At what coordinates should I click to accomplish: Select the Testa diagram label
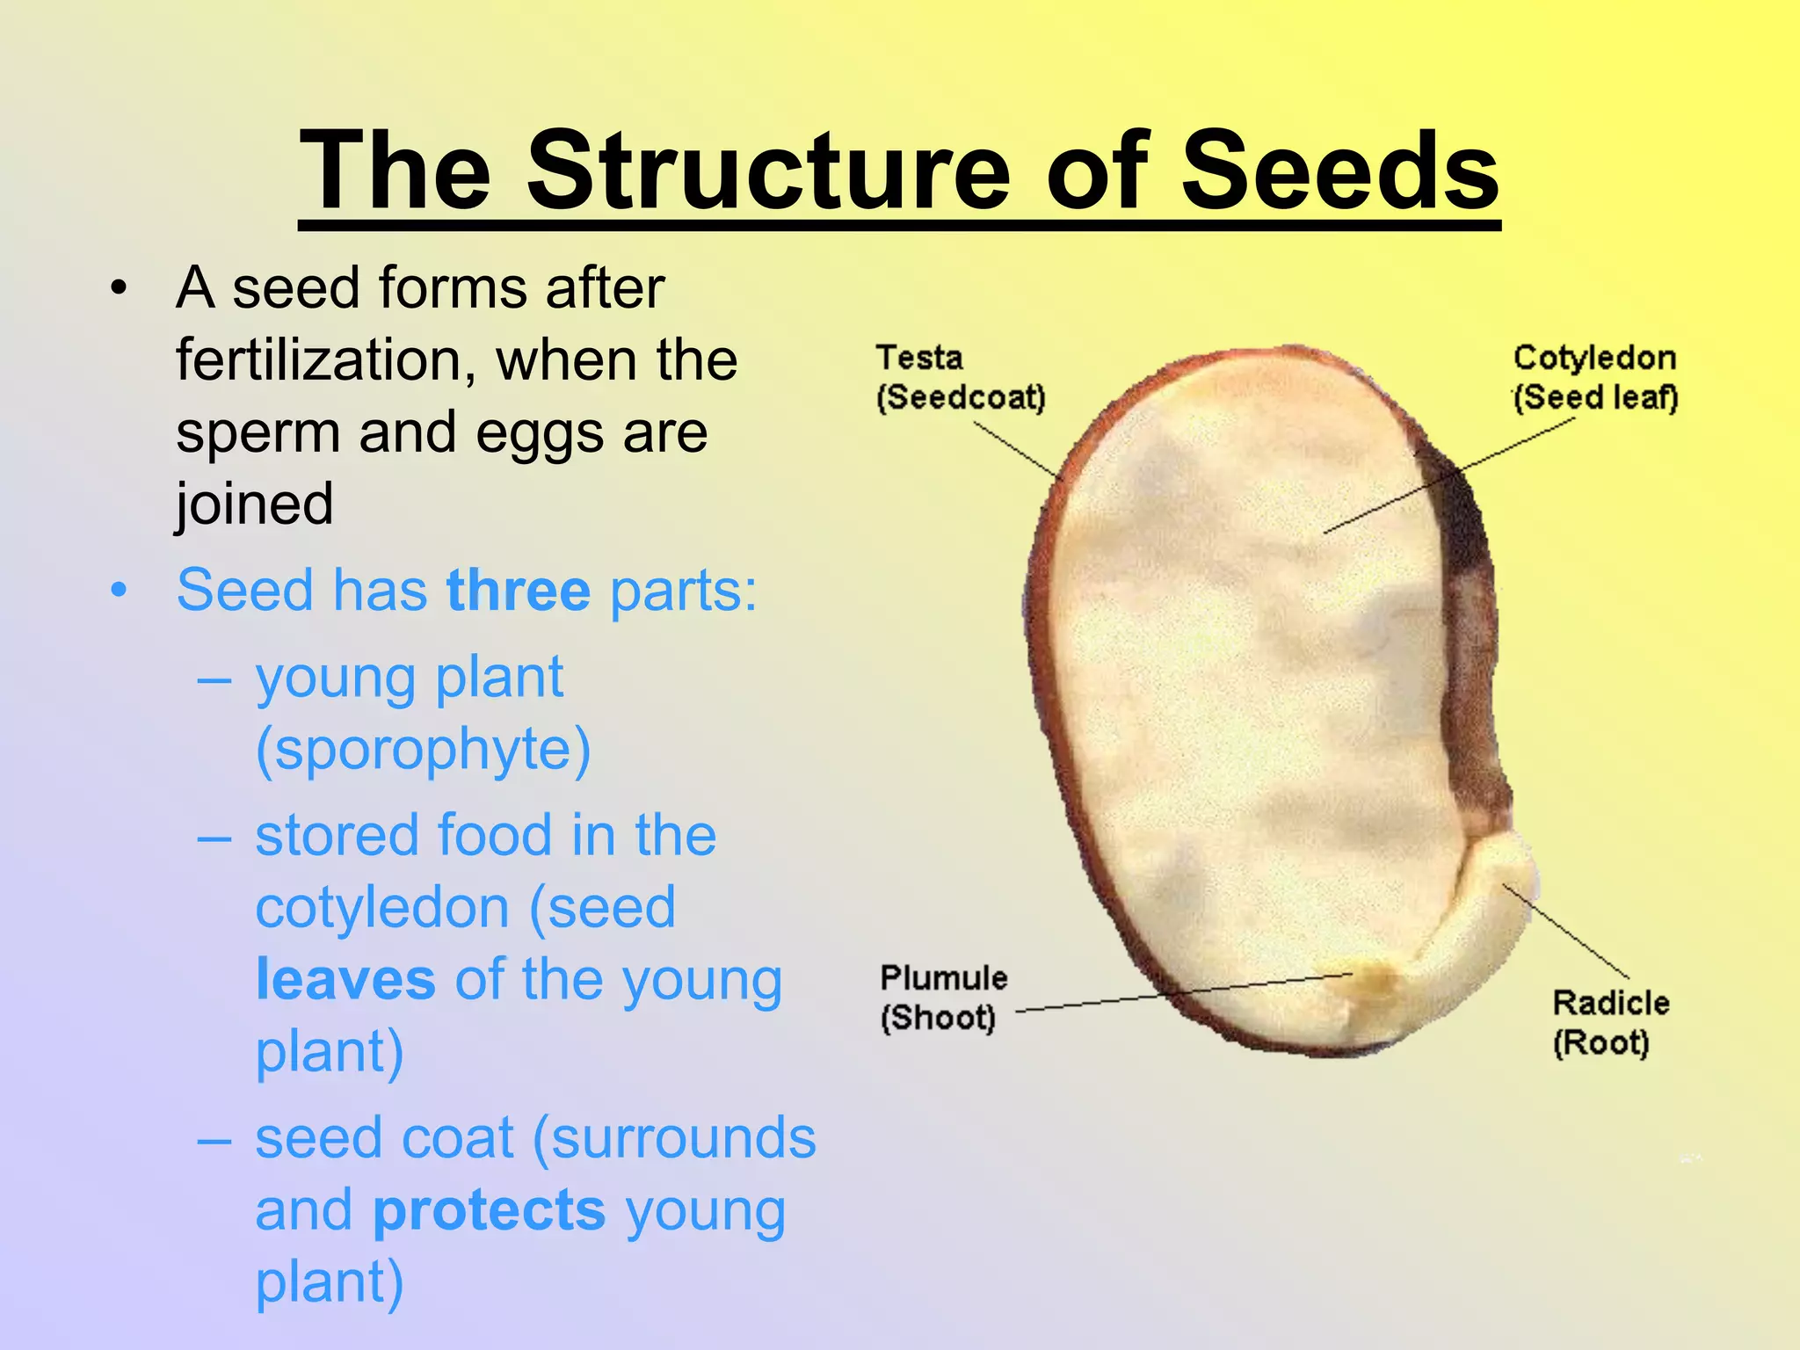pyautogui.click(x=919, y=359)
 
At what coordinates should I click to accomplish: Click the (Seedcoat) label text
pyautogui.click(x=962, y=397)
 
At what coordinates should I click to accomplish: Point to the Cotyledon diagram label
pyautogui.click(x=1594, y=359)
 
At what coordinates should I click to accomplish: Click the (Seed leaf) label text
pyautogui.click(x=1595, y=397)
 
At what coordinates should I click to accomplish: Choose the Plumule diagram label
pyautogui.click(x=944, y=978)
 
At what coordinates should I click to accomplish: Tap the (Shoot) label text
pyautogui.click(x=938, y=1018)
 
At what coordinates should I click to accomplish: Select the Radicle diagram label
pyautogui.click(x=1610, y=1003)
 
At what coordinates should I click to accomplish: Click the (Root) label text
pyautogui.click(x=1600, y=1043)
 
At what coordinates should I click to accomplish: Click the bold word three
pyautogui.click(x=519, y=590)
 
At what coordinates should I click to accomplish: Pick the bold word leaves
pyautogui.click(x=345, y=979)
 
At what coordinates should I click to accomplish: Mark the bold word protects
pyautogui.click(x=490, y=1210)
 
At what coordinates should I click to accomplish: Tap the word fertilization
pyautogui.click(x=326, y=360)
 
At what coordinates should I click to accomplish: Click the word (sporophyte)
pyautogui.click(x=423, y=750)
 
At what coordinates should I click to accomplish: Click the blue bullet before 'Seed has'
pyautogui.click(x=120, y=590)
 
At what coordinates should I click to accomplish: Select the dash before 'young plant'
pyautogui.click(x=214, y=679)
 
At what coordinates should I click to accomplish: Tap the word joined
pyautogui.click(x=255, y=504)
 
